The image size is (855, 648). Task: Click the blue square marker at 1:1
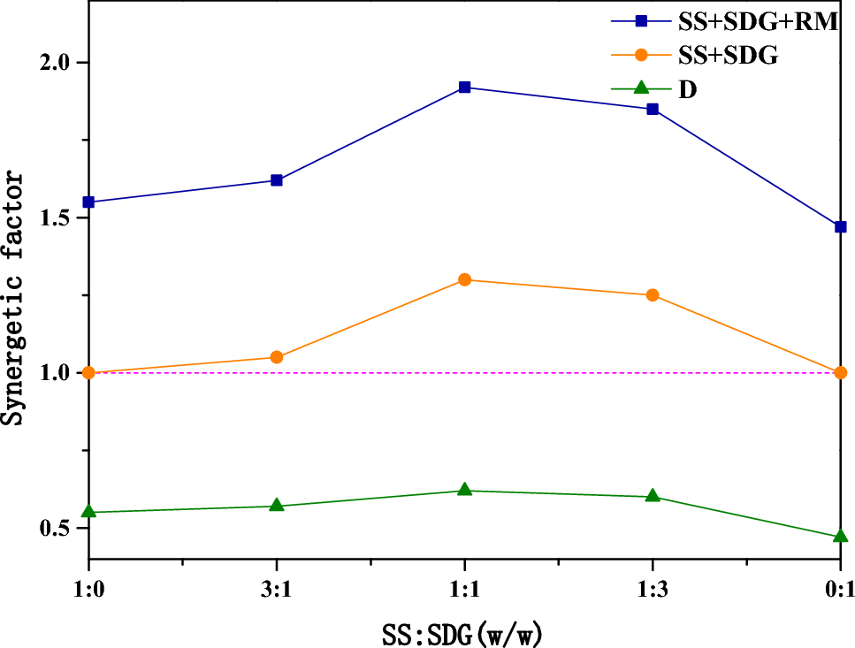point(464,88)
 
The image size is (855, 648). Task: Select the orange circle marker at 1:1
point(464,279)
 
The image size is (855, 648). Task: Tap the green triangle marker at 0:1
point(840,536)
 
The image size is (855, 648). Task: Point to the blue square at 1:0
point(88,202)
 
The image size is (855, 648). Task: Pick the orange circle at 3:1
point(276,357)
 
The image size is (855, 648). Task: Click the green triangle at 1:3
point(653,496)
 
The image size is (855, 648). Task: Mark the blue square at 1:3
point(653,109)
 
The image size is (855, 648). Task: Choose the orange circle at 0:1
point(840,372)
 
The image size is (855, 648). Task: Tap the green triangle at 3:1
point(276,505)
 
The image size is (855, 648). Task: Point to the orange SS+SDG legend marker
point(642,56)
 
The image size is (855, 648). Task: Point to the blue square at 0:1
point(840,227)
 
